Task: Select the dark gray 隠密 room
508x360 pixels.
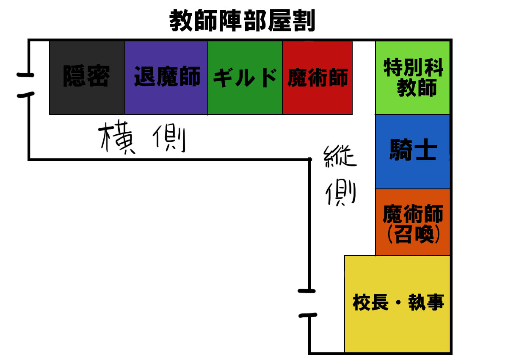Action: pos(87,78)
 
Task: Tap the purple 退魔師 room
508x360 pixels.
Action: pos(166,78)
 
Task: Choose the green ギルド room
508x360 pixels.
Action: pos(245,78)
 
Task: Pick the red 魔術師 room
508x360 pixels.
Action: pos(317,78)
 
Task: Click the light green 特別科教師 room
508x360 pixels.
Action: pos(413,78)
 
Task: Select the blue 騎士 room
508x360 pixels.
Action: pos(413,151)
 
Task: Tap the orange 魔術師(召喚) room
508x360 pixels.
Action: pos(413,222)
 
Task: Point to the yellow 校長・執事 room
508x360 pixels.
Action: pos(398,303)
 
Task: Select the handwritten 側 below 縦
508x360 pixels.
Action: pos(341,193)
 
